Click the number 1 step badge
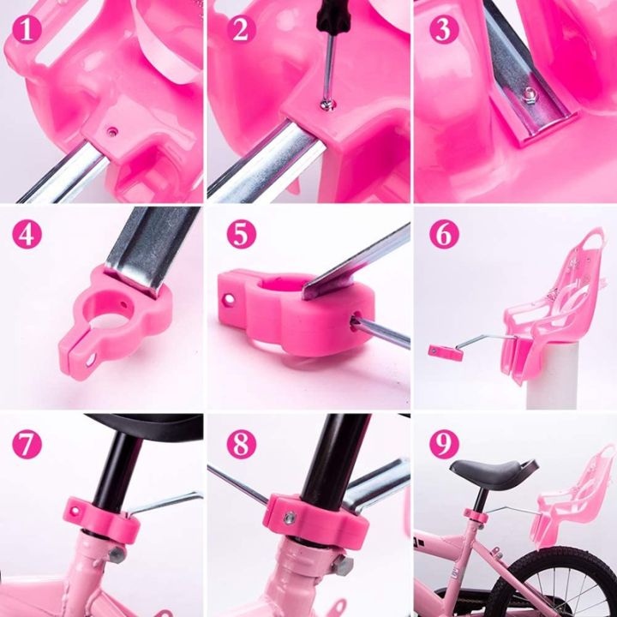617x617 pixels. [28, 30]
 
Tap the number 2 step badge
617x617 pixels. [241, 30]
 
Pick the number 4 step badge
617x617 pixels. [28, 233]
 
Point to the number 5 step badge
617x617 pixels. [241, 233]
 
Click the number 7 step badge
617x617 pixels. [28, 443]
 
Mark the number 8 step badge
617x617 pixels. [241, 443]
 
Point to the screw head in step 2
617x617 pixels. [327, 104]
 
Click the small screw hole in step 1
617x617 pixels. [112, 131]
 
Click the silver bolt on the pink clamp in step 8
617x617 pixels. [290, 518]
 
